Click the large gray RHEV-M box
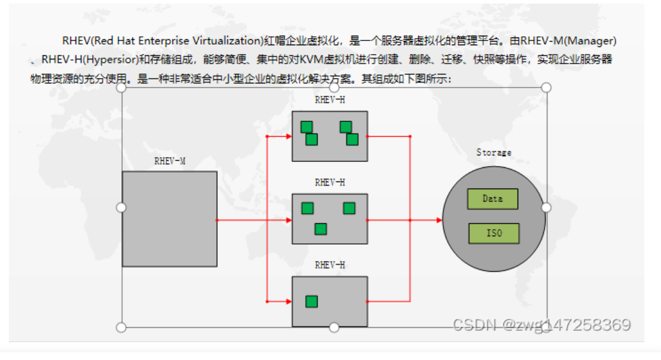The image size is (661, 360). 170,219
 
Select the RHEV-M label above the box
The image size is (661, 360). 170,161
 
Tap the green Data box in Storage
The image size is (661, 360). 493,199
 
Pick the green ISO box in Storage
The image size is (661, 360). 494,233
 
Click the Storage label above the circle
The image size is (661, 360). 494,152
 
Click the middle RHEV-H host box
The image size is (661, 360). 330,219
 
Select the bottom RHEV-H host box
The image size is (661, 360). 330,301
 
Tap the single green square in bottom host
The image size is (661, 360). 311,301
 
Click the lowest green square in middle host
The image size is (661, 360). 321,228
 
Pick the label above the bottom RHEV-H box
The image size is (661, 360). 330,265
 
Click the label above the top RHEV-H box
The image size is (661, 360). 330,100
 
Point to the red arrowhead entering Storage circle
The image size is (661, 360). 440,220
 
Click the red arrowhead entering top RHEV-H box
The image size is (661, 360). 289,136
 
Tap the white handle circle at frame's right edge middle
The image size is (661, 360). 546,207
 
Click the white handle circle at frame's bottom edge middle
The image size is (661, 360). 334,327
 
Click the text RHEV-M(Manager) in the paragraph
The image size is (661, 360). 568,41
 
